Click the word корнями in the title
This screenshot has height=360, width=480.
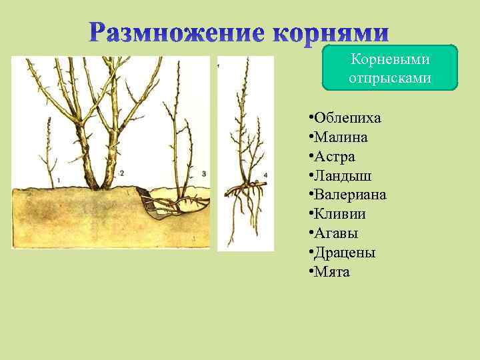pyautogui.click(x=331, y=32)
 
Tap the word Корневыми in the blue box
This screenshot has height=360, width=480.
pyautogui.click(x=391, y=60)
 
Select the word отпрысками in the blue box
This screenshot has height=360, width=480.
pyautogui.click(x=391, y=78)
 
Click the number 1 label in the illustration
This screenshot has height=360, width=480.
pyautogui.click(x=59, y=180)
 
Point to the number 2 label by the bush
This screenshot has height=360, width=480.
pyautogui.click(x=122, y=173)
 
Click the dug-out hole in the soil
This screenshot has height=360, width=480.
pyautogui.click(x=150, y=203)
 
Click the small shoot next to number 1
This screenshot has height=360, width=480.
pyautogui.click(x=49, y=153)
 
